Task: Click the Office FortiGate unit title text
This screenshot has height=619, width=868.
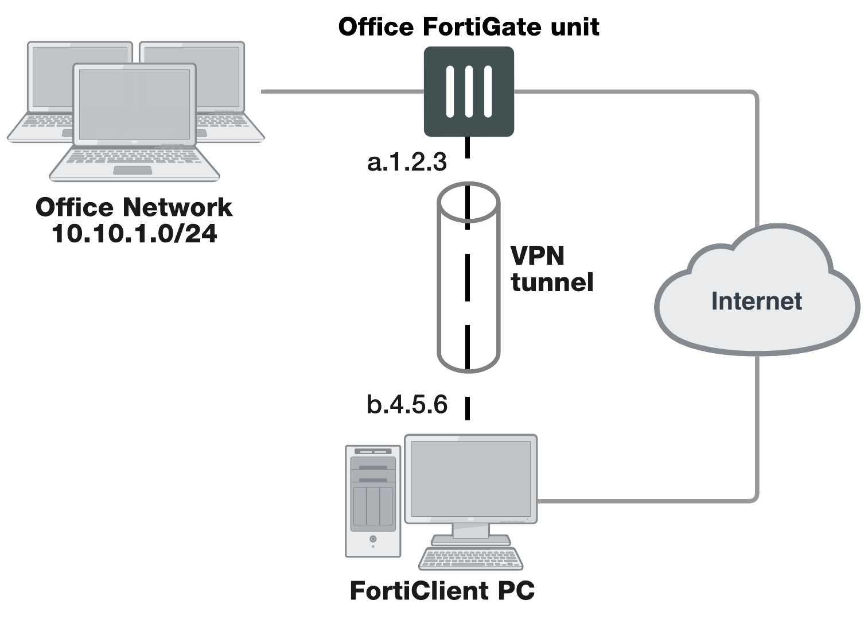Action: pyautogui.click(x=468, y=27)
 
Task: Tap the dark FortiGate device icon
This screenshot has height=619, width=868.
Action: pyautogui.click(x=469, y=91)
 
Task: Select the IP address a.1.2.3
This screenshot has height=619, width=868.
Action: pyautogui.click(x=407, y=163)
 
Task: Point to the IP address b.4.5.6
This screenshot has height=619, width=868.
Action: pyautogui.click(x=407, y=404)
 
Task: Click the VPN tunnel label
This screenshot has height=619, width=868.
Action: pyautogui.click(x=551, y=269)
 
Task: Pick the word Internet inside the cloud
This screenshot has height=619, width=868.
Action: pyautogui.click(x=756, y=301)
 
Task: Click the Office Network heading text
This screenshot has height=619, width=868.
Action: pyautogui.click(x=134, y=207)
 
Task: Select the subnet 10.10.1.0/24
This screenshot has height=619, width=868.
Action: pyautogui.click(x=134, y=233)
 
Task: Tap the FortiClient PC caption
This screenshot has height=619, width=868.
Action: pyautogui.click(x=442, y=591)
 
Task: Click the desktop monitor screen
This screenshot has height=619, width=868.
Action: pyautogui.click(x=470, y=478)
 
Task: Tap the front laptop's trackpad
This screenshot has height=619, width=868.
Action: pyautogui.click(x=133, y=170)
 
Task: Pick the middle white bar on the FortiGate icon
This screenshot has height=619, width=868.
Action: pyautogui.click(x=469, y=91)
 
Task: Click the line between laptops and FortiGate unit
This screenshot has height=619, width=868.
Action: pyautogui.click(x=341, y=91)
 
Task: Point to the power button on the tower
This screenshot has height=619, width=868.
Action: pyautogui.click(x=373, y=539)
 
